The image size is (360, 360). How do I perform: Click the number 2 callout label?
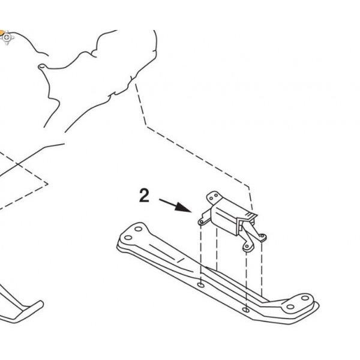(144, 196)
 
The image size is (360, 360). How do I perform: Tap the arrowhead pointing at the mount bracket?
(184, 208)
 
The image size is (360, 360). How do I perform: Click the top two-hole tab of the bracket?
(214, 197)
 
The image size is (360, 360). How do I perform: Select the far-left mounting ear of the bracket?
(202, 221)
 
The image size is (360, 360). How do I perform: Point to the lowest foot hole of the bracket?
(247, 247)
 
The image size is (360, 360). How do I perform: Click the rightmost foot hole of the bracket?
(262, 236)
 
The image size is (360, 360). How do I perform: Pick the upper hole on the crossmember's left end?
(138, 229)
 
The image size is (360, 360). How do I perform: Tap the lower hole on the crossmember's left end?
(128, 238)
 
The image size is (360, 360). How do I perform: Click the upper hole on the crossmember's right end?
(305, 298)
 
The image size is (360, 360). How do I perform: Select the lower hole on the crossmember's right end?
(290, 307)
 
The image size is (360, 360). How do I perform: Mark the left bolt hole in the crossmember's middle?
(201, 285)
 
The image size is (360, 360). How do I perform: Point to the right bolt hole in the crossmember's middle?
(246, 310)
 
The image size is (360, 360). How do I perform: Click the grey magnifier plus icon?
(7, 37)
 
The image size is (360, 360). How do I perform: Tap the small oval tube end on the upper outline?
(41, 67)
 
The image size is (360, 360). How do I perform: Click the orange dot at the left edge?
(2, 32)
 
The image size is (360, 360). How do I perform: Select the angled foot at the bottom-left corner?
(28, 311)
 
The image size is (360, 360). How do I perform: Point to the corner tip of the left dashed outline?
(48, 184)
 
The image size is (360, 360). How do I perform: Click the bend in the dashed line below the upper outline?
(147, 126)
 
